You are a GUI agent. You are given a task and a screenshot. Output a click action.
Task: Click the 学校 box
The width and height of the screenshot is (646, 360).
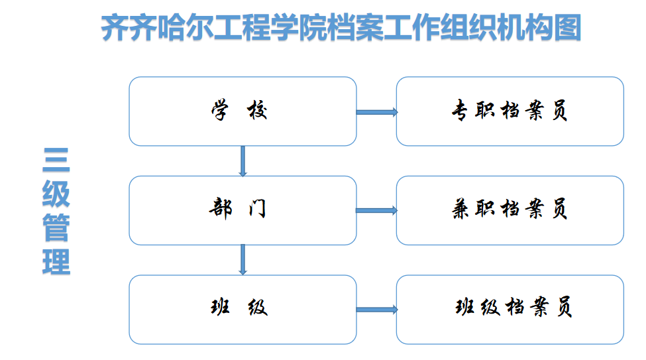click(x=242, y=111)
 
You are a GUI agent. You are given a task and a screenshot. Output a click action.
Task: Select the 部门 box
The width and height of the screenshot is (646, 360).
click(x=242, y=210)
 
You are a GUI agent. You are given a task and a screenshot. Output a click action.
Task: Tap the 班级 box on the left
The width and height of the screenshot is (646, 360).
click(x=242, y=310)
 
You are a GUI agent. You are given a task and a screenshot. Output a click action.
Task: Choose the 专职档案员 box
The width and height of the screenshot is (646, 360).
click(x=510, y=111)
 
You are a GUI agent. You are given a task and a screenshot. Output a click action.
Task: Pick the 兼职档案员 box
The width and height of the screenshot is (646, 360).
click(x=510, y=210)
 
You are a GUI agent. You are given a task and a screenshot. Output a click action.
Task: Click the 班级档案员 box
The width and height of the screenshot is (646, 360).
click(x=510, y=310)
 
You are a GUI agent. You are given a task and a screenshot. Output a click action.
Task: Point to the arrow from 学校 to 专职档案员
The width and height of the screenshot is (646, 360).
click(x=377, y=112)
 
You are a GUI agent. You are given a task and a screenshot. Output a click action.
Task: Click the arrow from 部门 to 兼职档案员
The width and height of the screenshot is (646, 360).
click(x=377, y=211)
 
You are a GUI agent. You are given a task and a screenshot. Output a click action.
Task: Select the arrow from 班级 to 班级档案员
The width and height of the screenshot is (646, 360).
click(x=377, y=310)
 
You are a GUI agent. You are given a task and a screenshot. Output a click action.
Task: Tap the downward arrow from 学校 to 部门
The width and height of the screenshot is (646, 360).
click(x=242, y=161)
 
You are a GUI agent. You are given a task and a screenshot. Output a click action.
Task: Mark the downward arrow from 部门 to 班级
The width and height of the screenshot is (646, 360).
click(x=242, y=260)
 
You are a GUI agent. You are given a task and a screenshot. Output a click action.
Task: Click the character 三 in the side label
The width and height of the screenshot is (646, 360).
click(x=56, y=160)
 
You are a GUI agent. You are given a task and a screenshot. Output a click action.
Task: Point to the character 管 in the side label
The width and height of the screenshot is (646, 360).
click(x=56, y=227)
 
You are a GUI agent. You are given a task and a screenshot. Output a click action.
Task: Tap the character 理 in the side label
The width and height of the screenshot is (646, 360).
click(x=56, y=262)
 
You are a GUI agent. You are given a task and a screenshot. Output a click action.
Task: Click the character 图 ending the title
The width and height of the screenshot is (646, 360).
click(x=567, y=28)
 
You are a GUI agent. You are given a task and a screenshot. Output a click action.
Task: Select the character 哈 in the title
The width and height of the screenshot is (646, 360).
click(x=171, y=28)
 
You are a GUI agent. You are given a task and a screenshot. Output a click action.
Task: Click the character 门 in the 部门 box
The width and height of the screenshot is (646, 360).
click(x=258, y=208)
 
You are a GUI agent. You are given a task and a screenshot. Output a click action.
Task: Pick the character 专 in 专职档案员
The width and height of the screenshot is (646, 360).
click(x=460, y=111)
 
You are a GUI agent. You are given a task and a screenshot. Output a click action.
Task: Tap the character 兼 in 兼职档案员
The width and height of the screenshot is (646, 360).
click(x=460, y=209)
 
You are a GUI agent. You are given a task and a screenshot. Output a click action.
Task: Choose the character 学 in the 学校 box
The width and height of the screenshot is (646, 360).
click(x=219, y=109)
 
